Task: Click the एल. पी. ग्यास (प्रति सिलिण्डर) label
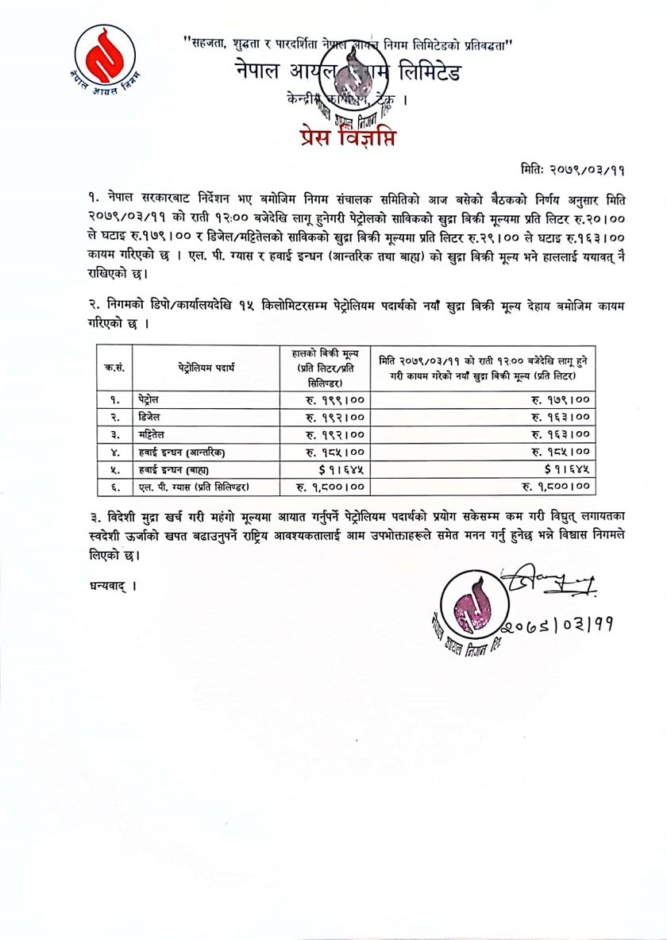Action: point(195,486)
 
